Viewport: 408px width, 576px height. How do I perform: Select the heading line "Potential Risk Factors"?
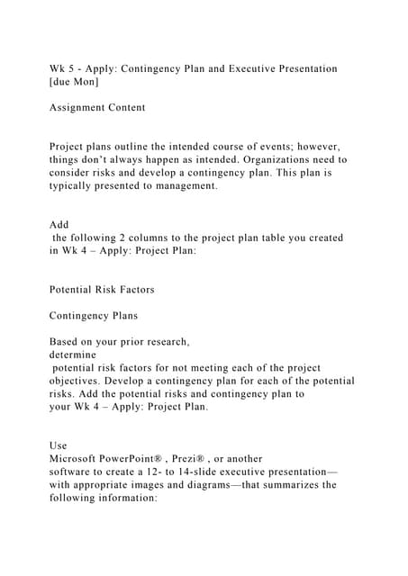(x=102, y=290)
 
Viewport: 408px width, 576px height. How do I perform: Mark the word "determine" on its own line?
(x=77, y=355)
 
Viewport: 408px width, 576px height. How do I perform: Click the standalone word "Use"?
(x=59, y=445)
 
